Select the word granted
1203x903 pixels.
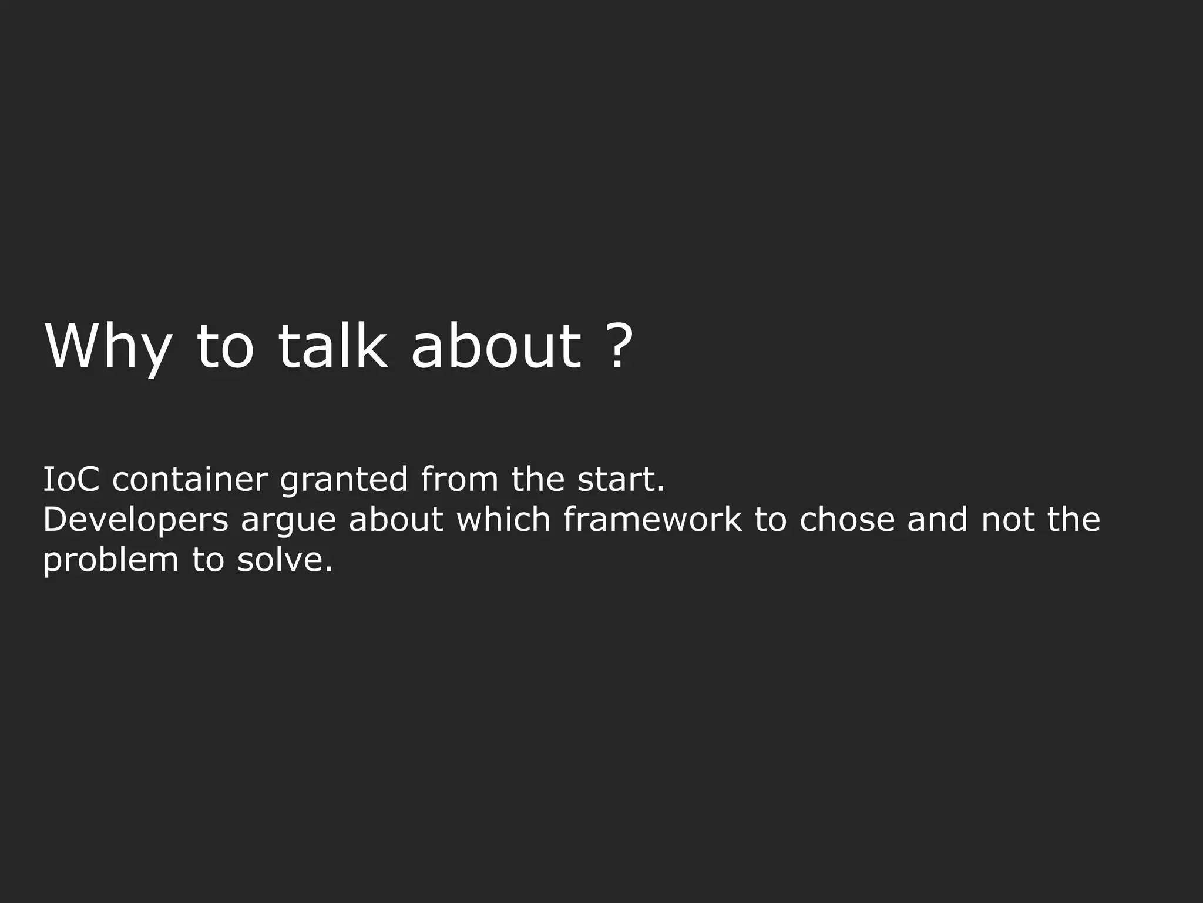tap(344, 481)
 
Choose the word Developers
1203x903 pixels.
tap(136, 521)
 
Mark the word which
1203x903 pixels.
tap(503, 520)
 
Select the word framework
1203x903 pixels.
tap(653, 520)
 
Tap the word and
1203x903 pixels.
tap(937, 520)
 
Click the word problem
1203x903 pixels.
tap(110, 561)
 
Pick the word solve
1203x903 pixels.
tap(285, 560)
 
